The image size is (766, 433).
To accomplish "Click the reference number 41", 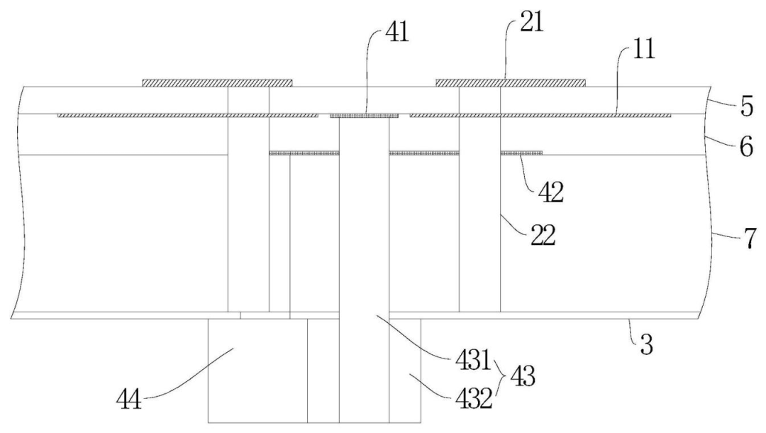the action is pos(396,33).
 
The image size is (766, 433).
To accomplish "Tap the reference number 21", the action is pos(531,23).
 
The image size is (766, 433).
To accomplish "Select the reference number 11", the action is pos(644,50).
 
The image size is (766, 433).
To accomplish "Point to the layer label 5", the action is pos(747,108).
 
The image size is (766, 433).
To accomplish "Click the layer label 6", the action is pos(746,147).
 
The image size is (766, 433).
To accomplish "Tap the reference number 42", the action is pos(551,192).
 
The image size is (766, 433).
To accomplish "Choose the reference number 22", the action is pos(543,236).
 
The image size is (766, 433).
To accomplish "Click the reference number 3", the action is pos(646,345).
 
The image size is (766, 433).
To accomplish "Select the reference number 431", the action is pos(473,361).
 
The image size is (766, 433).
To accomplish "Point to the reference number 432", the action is pos(474,400).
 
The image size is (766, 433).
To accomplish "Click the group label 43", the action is pos(523,377).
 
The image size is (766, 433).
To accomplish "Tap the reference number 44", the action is pos(130,399).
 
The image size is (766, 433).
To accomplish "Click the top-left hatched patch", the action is pos(218,83).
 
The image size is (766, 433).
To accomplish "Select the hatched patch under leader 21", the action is pos(511,83).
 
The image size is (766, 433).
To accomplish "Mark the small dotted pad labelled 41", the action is pos(365,116).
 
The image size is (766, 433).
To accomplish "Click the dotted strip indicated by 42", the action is pos(521,153).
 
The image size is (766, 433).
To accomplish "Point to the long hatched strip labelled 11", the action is pos(540,116).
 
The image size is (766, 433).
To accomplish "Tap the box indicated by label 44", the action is pos(257,371).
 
